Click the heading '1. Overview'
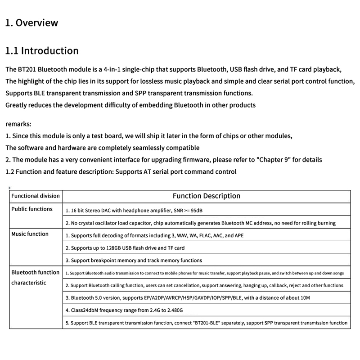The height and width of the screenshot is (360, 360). (31, 23)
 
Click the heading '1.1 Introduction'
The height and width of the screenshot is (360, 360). (42, 51)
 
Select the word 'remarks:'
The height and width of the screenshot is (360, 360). (18, 124)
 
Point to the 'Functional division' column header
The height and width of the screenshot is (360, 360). (36, 196)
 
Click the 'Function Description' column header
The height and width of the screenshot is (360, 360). (207, 196)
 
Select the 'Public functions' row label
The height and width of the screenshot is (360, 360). (32, 209)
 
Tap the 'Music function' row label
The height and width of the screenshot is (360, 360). (30, 234)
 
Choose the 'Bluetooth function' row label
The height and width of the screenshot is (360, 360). (36, 273)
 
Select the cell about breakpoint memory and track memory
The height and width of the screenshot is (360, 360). (134, 260)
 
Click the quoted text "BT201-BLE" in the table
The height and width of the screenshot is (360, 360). (206, 323)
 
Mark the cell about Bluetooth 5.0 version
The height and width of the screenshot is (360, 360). (188, 298)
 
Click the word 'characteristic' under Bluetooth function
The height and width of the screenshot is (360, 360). (29, 283)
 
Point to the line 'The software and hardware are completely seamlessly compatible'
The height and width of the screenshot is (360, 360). (103, 148)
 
